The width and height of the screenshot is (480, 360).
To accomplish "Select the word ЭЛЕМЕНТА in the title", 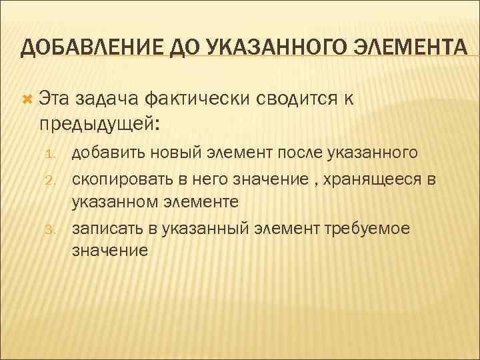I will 409,49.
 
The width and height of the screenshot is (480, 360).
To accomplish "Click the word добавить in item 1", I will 107,153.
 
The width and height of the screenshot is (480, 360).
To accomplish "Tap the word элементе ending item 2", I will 206,201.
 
